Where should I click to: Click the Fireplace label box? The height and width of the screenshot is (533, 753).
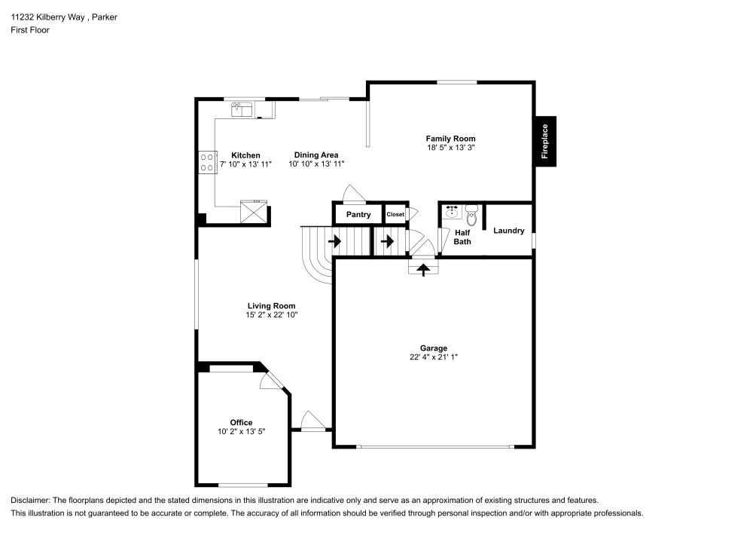tap(545, 141)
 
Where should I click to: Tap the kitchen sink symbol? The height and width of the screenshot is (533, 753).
tap(242, 109)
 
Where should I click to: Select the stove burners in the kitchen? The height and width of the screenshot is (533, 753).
tap(207, 162)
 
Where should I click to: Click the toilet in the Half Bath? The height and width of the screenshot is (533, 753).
tap(471, 216)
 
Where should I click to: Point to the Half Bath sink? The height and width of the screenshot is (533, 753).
tap(452, 212)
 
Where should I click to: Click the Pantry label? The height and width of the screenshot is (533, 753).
tap(358, 214)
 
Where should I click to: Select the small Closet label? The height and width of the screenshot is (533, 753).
tap(395, 214)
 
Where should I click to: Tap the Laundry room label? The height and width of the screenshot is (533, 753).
tap(508, 231)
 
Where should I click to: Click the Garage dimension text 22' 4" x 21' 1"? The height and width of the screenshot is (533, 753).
tap(433, 357)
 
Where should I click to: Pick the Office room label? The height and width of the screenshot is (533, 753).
tap(241, 422)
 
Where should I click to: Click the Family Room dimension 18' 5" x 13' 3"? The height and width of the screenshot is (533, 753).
tap(450, 148)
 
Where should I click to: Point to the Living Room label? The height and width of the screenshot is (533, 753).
tap(271, 305)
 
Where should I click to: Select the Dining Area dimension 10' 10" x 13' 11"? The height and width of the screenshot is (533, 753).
tap(316, 164)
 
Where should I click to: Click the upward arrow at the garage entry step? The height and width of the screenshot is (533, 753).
tap(423, 269)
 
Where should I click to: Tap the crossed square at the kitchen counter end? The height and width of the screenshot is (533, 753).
tap(253, 212)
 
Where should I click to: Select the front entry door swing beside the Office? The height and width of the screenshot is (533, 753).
tap(312, 421)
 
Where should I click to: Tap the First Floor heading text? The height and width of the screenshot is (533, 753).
tap(30, 30)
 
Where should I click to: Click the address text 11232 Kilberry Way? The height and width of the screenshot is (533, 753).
tap(47, 17)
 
